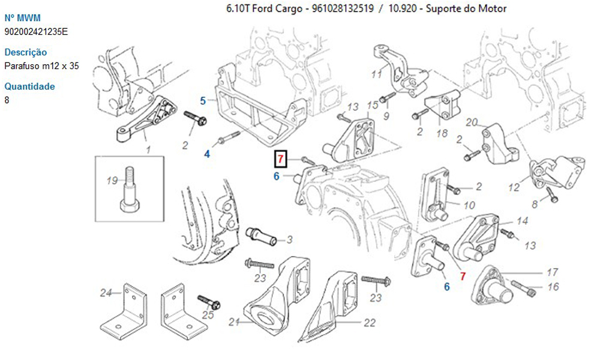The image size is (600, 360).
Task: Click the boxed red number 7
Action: pos(280,160)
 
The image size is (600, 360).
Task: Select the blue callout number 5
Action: pos(203,100)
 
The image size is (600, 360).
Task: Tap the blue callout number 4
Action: pos(208,154)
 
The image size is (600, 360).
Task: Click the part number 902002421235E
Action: pos(36,31)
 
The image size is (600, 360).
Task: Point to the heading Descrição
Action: pos(25,52)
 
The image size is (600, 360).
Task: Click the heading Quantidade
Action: pos(29,86)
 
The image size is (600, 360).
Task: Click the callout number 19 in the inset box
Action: pos(112,181)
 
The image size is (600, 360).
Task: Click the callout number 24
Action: pos(106,293)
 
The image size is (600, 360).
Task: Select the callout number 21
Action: pos(233,323)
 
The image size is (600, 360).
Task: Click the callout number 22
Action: pos(370,323)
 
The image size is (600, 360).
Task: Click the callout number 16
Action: pos(553,287)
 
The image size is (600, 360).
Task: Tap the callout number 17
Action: pos(553,272)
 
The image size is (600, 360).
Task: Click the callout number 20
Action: pos(472,123)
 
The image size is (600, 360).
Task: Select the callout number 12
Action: pos(513,188)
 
